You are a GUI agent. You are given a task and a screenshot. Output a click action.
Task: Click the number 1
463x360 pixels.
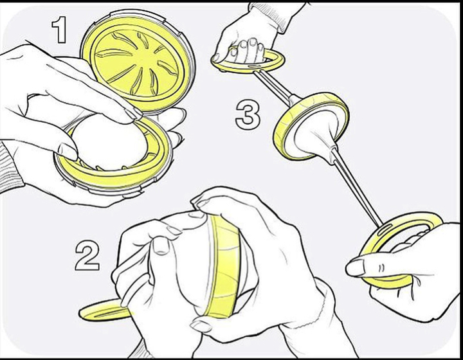click(59, 30)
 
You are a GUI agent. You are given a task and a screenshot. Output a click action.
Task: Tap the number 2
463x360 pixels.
click(87, 256)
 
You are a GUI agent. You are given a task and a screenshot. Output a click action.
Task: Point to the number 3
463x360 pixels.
click(248, 115)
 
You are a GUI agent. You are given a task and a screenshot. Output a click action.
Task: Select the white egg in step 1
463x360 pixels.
click(109, 141)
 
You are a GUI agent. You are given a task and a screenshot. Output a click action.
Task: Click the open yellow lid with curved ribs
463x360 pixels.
click(138, 61)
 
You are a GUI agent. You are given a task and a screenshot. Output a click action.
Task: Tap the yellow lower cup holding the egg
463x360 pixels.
click(115, 174)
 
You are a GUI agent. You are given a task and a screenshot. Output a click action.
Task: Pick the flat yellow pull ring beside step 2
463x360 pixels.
click(104, 310)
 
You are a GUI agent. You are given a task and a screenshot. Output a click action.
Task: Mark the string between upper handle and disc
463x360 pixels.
click(274, 86)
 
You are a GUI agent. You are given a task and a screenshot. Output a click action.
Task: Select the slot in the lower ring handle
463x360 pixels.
click(384, 229)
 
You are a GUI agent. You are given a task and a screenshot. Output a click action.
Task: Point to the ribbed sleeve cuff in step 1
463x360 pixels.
click(10, 168)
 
